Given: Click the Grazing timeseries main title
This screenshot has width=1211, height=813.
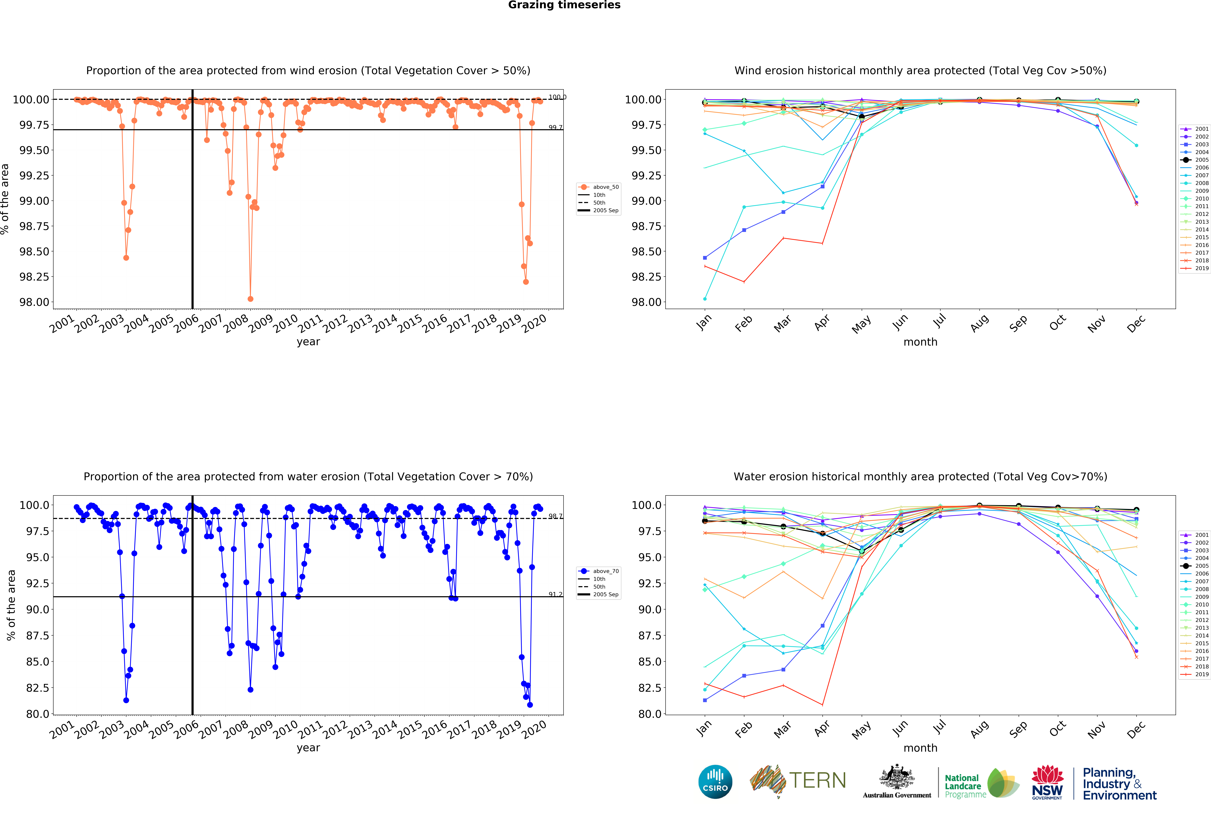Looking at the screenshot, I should [564, 5].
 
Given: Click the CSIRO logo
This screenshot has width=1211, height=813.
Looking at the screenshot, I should [715, 781].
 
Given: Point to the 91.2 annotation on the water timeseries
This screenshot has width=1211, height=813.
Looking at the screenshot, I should [555, 594].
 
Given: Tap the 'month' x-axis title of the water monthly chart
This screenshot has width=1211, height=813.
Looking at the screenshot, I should [920, 748].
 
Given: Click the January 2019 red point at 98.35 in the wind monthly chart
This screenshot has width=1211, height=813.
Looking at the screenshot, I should [705, 267].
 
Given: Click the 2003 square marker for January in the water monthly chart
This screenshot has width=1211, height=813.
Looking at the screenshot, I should [705, 700].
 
